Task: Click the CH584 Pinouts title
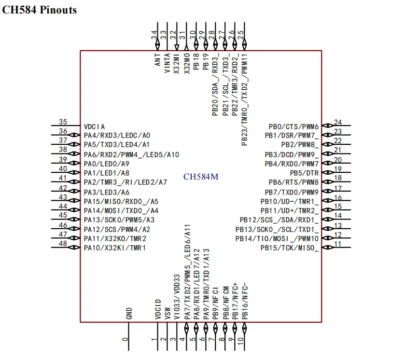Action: pyautogui.click(x=40, y=10)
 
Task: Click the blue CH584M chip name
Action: pyautogui.click(x=201, y=177)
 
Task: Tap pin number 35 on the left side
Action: pyautogui.click(x=63, y=122)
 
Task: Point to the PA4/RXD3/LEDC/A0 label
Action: pyautogui.click(x=117, y=136)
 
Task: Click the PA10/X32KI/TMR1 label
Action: pyautogui.click(x=115, y=248)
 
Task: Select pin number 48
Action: pyautogui.click(x=63, y=244)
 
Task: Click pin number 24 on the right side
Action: pyautogui.click(x=338, y=123)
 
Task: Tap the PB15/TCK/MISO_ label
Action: pyautogui.click(x=290, y=248)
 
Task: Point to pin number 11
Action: pyautogui.click(x=338, y=244)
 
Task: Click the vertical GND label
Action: pyautogui.click(x=129, y=314)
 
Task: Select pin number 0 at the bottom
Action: pyautogui.click(x=126, y=339)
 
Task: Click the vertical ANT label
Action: pyautogui.click(x=158, y=60)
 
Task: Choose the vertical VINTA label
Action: pyautogui.click(x=167, y=63)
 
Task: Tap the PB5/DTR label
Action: pyautogui.click(x=304, y=173)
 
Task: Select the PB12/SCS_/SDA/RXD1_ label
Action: pyautogui.click(x=279, y=220)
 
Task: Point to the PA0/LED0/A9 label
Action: pyautogui.click(x=107, y=164)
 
